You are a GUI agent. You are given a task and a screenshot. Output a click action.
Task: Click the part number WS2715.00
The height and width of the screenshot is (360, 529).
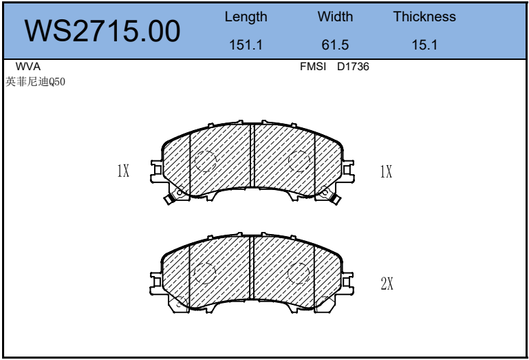point(102,31)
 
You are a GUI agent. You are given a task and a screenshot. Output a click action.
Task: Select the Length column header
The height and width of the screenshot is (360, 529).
point(246,17)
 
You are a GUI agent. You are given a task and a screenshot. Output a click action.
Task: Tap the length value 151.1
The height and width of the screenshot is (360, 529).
point(246,45)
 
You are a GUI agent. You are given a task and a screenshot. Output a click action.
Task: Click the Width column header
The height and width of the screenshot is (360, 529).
point(335,17)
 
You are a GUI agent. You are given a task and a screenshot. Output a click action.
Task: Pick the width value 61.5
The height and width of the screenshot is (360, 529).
point(335,45)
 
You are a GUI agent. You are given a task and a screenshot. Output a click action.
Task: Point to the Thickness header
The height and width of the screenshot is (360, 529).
point(424,17)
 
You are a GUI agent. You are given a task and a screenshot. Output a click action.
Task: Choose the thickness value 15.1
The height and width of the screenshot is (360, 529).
point(424,45)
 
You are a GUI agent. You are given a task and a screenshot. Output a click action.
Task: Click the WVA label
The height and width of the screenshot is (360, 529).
point(28,67)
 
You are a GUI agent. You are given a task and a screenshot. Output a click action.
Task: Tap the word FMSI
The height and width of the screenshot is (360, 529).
point(313,67)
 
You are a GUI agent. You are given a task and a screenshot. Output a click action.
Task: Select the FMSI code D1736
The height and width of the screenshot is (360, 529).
point(353,67)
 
